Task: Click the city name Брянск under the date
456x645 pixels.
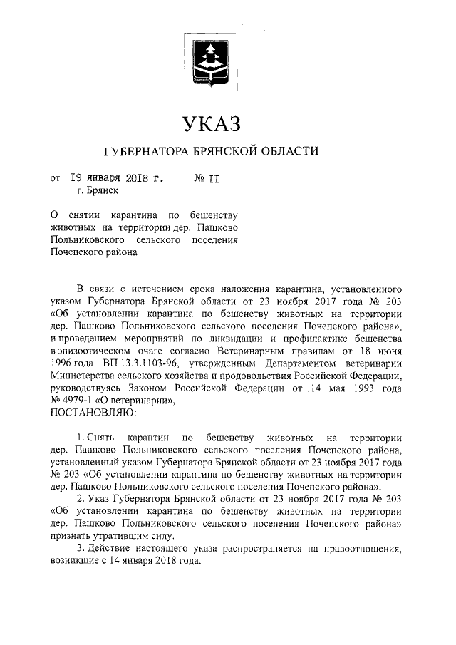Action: tap(99, 190)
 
